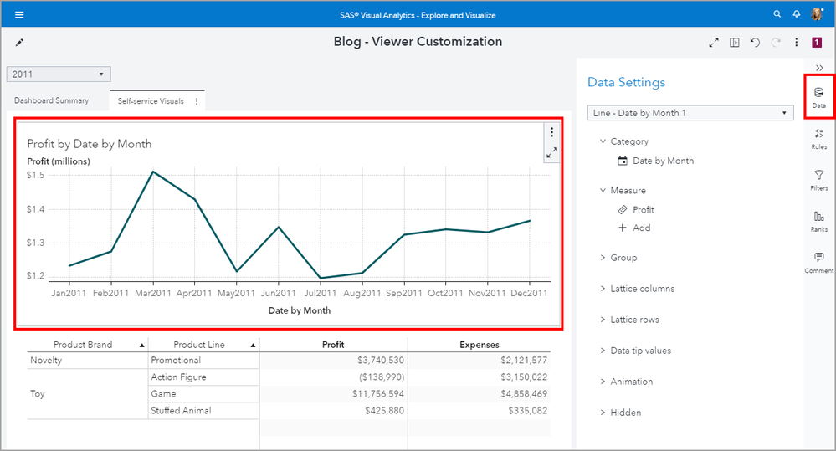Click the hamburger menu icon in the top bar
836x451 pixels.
click(19, 14)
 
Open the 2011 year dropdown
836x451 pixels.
click(59, 74)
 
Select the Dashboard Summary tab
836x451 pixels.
click(51, 100)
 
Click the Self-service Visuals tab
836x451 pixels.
click(151, 101)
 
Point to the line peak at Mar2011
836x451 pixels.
click(153, 172)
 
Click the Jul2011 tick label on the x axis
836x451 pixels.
click(320, 294)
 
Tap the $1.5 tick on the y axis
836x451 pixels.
click(36, 175)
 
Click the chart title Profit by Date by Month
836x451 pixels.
click(90, 144)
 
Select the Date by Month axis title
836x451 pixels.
click(299, 310)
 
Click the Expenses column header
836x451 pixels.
click(480, 345)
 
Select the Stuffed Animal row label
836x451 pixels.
click(181, 411)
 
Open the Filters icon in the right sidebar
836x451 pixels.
click(818, 179)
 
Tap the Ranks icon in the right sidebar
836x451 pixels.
click(818, 220)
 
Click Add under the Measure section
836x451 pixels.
click(641, 228)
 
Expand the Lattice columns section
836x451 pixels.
click(642, 289)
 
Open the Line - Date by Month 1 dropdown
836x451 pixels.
click(690, 113)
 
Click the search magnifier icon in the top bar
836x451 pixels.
click(777, 14)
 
